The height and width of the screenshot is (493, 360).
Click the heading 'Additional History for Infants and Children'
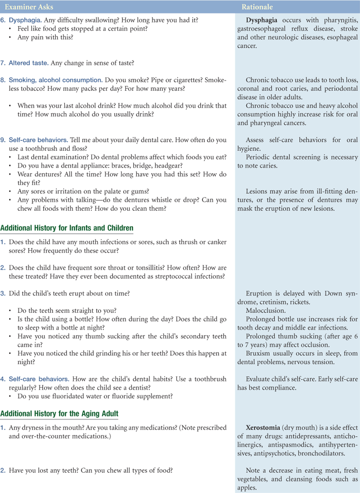(67, 228)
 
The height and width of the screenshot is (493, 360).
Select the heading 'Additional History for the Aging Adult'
(59, 413)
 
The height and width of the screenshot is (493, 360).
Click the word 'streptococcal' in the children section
(157, 276)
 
